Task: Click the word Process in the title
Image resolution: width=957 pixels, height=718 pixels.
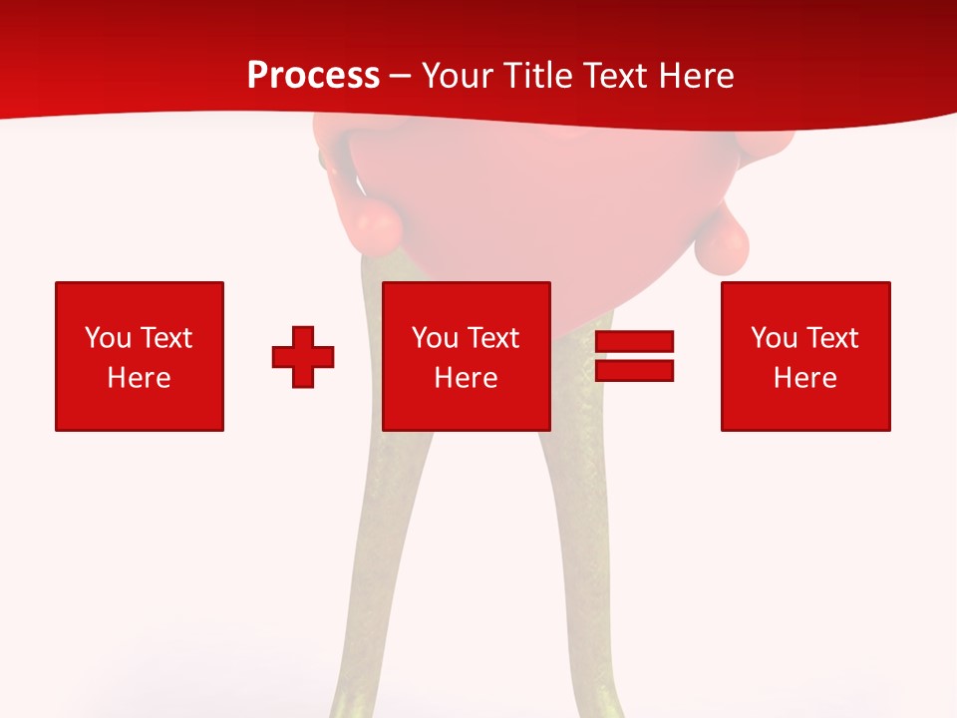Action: pyautogui.click(x=313, y=76)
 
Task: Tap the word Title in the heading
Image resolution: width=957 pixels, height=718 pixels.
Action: pyautogui.click(x=536, y=76)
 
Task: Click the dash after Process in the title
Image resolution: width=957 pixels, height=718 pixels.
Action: pyautogui.click(x=401, y=77)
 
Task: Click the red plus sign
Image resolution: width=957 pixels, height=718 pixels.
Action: pyautogui.click(x=303, y=357)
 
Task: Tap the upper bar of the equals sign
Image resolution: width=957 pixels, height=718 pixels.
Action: pyautogui.click(x=634, y=342)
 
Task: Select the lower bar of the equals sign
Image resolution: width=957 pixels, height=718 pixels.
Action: pyautogui.click(x=634, y=370)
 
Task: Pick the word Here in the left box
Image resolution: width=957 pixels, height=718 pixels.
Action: pyautogui.click(x=139, y=378)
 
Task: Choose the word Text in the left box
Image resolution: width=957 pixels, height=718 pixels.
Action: pyautogui.click(x=165, y=338)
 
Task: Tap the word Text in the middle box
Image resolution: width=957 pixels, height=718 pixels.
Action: pyautogui.click(x=492, y=338)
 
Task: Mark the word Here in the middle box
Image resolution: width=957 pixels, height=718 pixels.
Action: pyautogui.click(x=466, y=378)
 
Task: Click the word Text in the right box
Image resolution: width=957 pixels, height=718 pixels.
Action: pyautogui.click(x=831, y=338)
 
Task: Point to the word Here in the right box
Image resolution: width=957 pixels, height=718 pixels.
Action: pyautogui.click(x=804, y=378)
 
